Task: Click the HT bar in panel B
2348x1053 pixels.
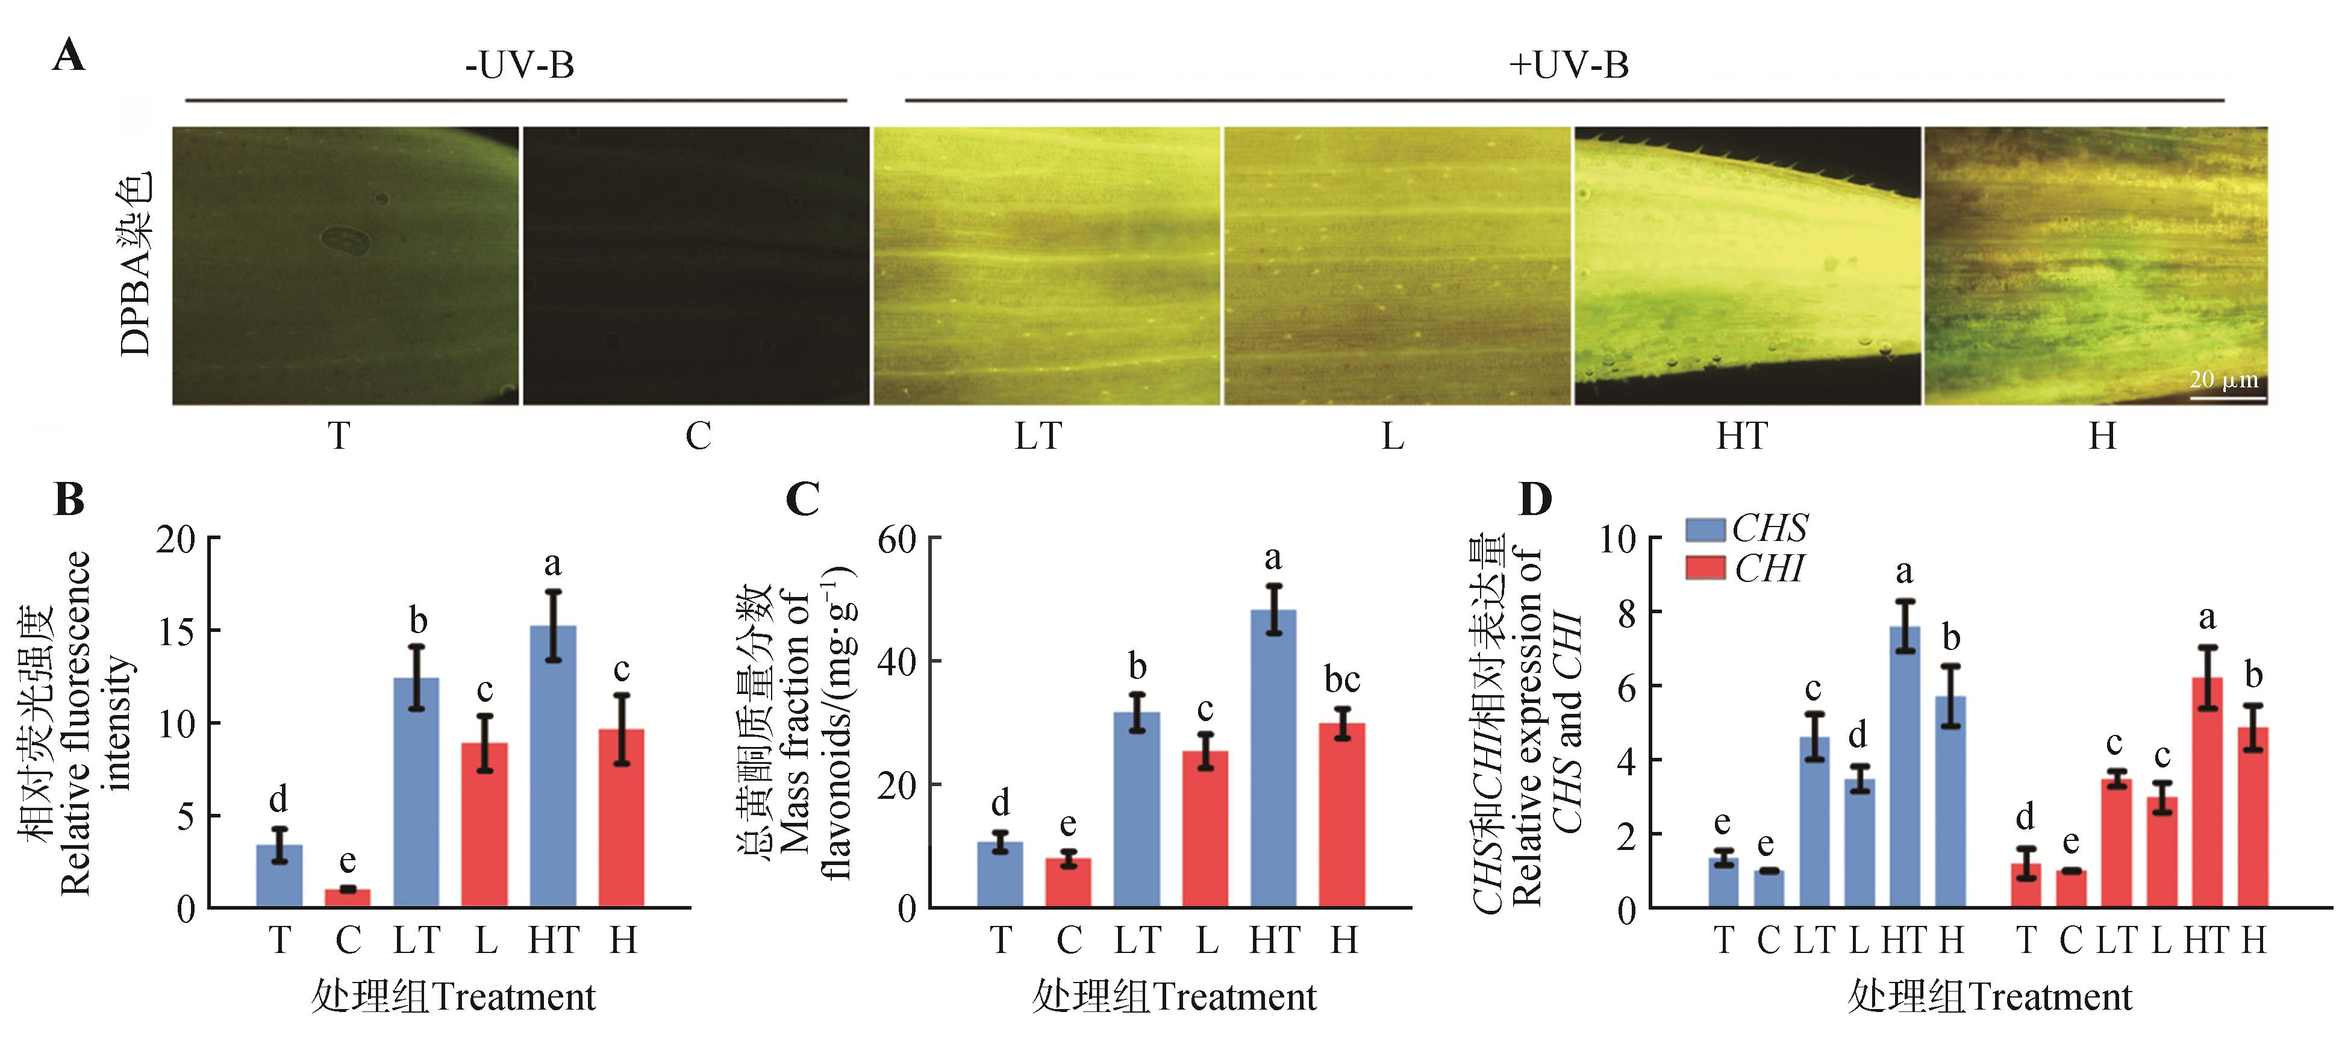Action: (x=554, y=766)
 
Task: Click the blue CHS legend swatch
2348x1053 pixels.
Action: (x=1705, y=530)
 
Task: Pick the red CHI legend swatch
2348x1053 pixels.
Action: (x=1705, y=568)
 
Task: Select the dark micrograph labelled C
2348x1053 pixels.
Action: (x=696, y=265)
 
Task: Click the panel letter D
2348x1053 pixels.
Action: (x=1535, y=499)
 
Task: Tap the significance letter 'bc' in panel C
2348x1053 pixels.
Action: (x=1341, y=679)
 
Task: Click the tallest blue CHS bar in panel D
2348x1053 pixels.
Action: (x=1904, y=766)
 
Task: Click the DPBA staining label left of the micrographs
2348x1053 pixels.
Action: (x=135, y=264)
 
